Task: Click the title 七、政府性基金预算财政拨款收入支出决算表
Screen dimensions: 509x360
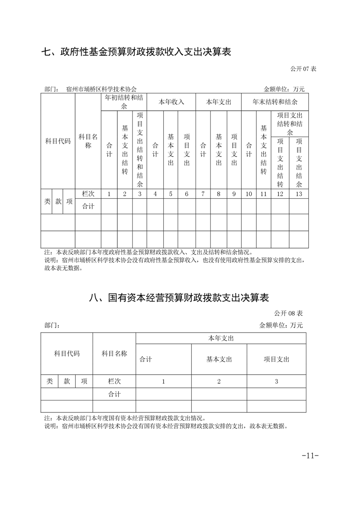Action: [136, 52]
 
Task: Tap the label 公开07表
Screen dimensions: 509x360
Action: [303, 69]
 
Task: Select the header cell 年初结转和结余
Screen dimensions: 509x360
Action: [124, 102]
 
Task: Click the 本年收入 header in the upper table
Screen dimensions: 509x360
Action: [171, 102]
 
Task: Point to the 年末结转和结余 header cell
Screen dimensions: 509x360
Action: [275, 102]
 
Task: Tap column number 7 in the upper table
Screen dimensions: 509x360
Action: [203, 194]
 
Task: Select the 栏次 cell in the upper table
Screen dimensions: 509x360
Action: [88, 194]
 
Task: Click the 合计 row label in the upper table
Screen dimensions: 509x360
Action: [88, 206]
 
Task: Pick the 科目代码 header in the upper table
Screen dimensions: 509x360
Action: [58, 141]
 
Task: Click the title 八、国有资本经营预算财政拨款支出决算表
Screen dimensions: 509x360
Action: [180, 298]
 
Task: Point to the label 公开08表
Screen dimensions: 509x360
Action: [288, 313]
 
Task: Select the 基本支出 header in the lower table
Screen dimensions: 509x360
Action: [219, 359]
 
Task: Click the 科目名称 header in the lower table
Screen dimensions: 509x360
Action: [114, 353]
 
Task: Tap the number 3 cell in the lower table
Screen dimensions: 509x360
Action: [276, 382]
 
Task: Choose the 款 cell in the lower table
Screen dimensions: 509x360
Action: [67, 382]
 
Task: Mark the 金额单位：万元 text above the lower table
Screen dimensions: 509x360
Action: [281, 325]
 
